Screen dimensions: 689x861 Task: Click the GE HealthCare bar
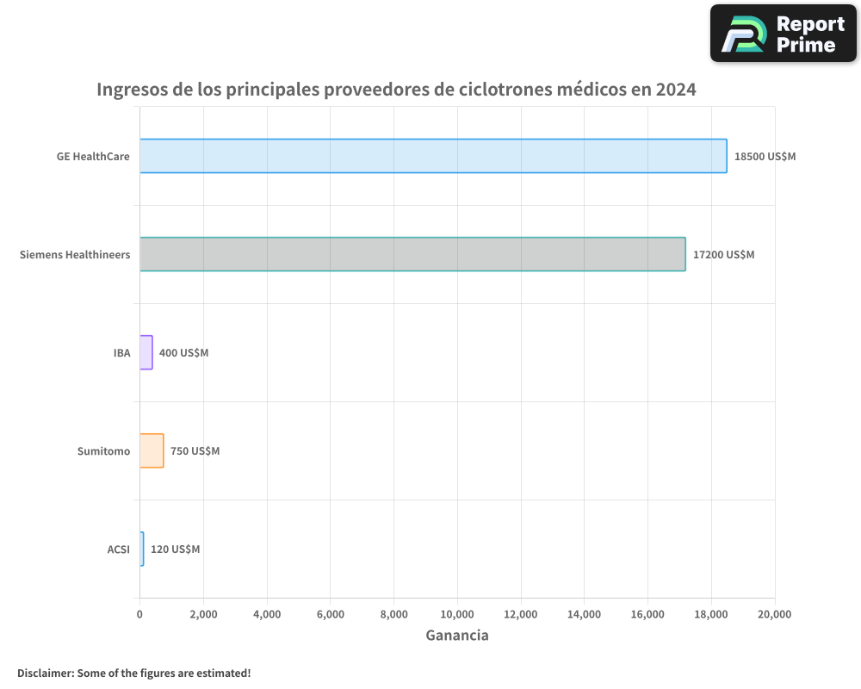[x=433, y=156]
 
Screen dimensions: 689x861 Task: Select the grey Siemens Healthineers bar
[x=412, y=254]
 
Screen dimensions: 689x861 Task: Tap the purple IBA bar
[x=146, y=352]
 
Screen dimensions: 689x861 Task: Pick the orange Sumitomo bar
[x=152, y=450]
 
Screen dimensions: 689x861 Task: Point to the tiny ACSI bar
[x=142, y=549]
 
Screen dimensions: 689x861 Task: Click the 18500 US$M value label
[x=765, y=157]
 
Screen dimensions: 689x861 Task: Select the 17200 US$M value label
[x=723, y=255]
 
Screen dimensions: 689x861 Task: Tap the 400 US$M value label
[x=183, y=353]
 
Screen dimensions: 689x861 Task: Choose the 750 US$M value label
[x=195, y=451]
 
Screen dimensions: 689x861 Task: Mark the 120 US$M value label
[x=175, y=549]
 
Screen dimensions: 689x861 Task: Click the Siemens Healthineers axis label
[x=75, y=255]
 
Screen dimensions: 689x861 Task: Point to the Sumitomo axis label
[x=103, y=451]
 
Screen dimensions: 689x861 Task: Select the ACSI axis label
[x=118, y=549]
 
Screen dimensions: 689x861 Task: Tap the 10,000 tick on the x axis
[x=457, y=614]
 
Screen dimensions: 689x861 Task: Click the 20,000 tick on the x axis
[x=774, y=614]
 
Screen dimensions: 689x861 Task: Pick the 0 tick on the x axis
[x=139, y=614]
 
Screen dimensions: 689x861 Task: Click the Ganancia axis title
[x=457, y=636]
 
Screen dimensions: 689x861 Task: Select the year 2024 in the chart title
[x=675, y=90]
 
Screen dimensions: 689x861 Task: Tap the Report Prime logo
[x=784, y=34]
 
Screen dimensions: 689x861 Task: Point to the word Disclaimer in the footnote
[x=45, y=673]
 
